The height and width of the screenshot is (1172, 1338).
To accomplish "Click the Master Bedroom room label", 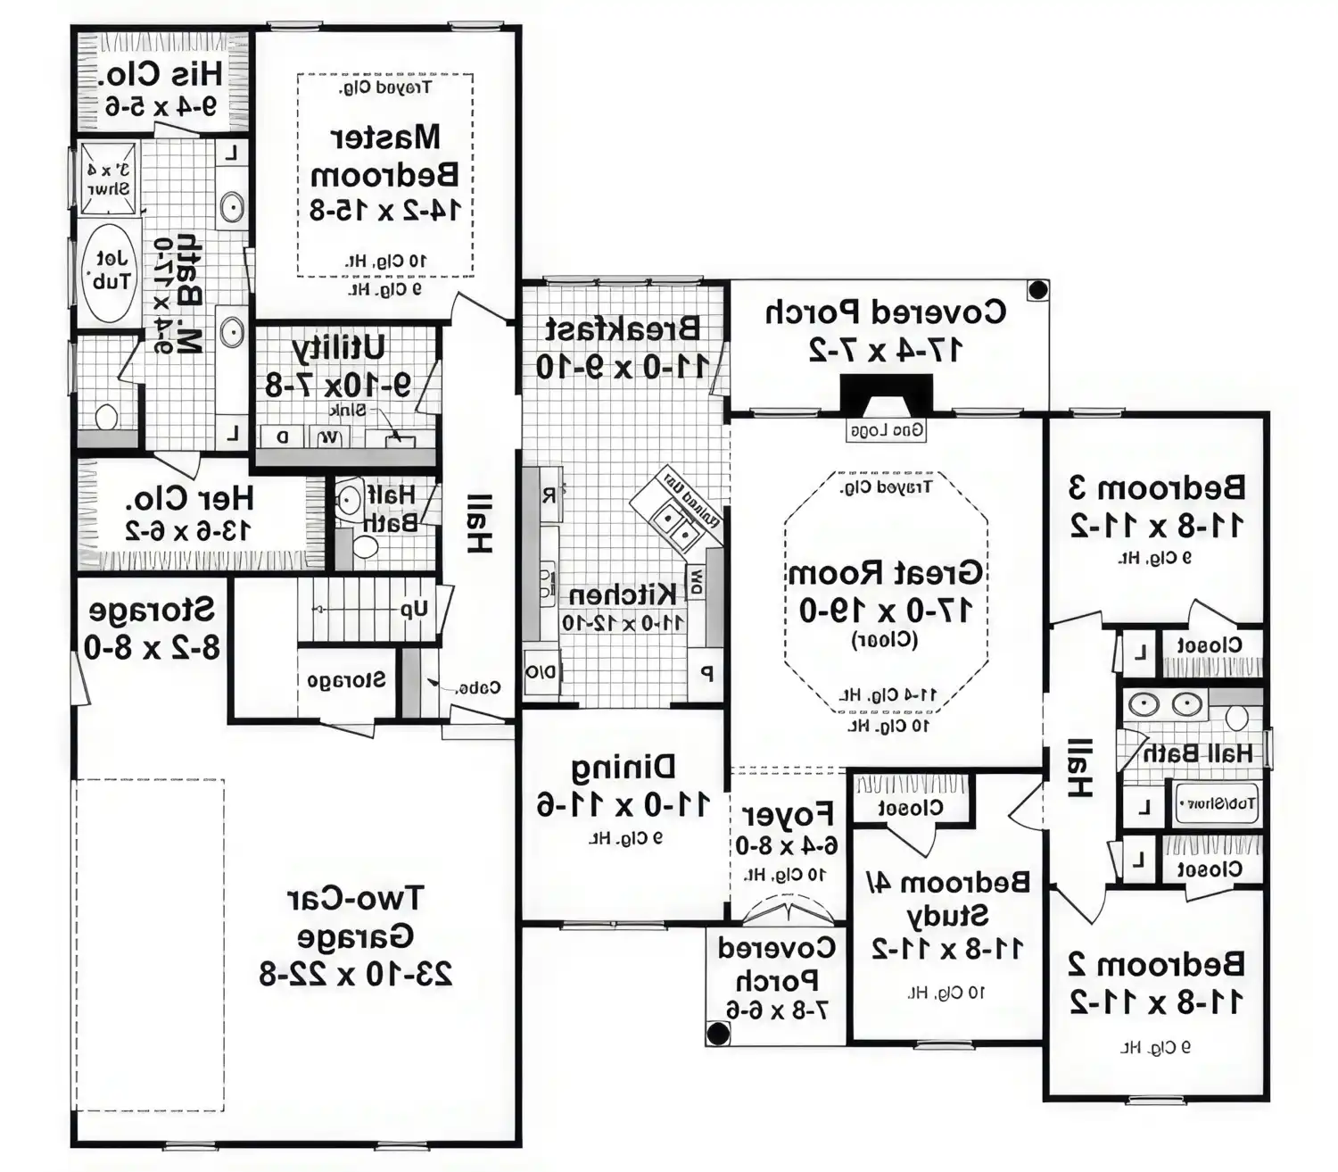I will [385, 156].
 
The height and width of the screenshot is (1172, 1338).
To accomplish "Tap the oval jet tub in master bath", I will [111, 271].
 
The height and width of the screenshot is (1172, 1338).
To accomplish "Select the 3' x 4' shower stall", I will [108, 179].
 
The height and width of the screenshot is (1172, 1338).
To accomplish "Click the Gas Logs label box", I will [886, 430].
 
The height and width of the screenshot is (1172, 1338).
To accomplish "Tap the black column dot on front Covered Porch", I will [718, 1034].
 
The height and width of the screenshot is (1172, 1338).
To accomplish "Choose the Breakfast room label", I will [622, 329].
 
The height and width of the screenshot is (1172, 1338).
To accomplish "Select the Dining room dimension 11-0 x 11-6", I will [623, 804].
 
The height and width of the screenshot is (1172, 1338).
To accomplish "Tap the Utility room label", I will [338, 347].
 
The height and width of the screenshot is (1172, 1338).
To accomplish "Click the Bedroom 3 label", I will [1156, 488].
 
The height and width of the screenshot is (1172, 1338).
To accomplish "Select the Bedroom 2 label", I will [1156, 964].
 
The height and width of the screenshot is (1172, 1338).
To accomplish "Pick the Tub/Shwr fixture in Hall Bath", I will [1217, 803].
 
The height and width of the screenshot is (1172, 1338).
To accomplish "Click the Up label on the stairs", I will [414, 610].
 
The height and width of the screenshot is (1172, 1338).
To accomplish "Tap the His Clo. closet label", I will [160, 73].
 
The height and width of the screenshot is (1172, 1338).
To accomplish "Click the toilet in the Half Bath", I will [366, 546].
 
